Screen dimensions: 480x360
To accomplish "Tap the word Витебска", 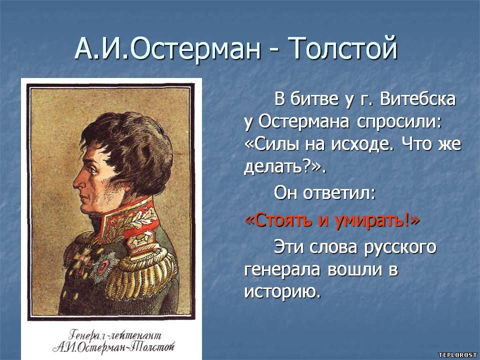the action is click(x=417, y=99).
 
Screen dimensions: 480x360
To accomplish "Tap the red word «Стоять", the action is click(x=278, y=220).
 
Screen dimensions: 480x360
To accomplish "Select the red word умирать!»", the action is click(x=377, y=221).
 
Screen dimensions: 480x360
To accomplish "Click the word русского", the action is click(x=400, y=248).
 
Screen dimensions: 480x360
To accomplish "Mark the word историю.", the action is click(x=282, y=292).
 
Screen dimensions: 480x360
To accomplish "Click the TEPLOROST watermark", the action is click(x=457, y=355).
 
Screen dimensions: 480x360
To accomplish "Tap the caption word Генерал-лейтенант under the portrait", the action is click(x=115, y=335).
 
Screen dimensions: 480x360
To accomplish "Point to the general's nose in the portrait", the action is click(x=77, y=182).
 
